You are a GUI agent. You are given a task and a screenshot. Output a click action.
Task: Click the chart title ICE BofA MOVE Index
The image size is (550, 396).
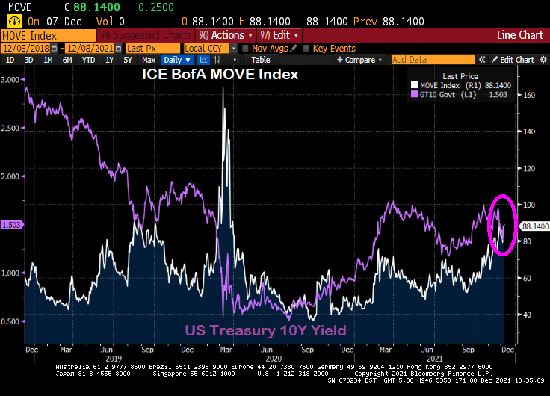(221, 75)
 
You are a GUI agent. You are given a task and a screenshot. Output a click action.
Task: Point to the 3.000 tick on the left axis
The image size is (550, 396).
(11, 80)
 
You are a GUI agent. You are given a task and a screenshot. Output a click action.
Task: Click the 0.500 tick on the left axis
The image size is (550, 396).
(11, 321)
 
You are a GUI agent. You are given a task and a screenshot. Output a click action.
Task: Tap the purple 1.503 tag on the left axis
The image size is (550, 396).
(10, 224)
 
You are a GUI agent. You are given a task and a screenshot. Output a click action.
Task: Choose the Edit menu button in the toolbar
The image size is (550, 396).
(279, 35)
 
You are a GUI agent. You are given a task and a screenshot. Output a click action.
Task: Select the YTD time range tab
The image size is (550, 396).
(88, 60)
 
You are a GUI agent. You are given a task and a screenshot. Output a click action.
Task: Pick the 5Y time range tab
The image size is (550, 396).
(127, 60)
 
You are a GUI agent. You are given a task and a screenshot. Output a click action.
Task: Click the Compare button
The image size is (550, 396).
(361, 60)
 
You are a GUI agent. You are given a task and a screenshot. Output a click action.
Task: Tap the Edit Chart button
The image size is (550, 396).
(516, 60)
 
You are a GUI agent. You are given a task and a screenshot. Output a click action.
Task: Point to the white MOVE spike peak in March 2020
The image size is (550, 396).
(223, 90)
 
